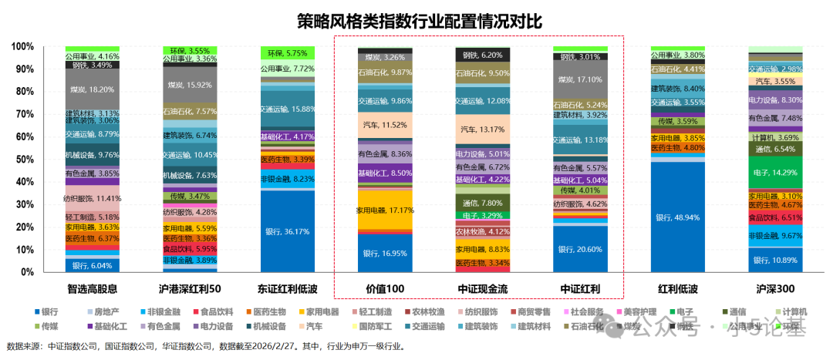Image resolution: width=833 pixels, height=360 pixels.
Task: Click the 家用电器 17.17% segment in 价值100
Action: click(384, 210)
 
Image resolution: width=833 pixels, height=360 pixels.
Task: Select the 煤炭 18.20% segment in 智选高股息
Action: click(92, 89)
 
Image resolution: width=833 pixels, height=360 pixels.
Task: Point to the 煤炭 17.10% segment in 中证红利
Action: click(579, 79)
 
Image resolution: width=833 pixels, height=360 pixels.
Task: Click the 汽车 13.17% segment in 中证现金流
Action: click(481, 129)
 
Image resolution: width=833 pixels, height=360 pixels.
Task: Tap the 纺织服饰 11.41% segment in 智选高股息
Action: click(92, 198)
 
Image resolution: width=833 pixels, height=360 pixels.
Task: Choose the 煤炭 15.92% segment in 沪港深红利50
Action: click(190, 85)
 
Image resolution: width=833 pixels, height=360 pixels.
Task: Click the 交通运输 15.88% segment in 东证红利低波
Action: click(287, 109)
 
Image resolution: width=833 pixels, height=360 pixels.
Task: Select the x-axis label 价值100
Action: click(384, 289)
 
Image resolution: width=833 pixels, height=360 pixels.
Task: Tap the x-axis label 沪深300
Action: click(774, 289)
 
